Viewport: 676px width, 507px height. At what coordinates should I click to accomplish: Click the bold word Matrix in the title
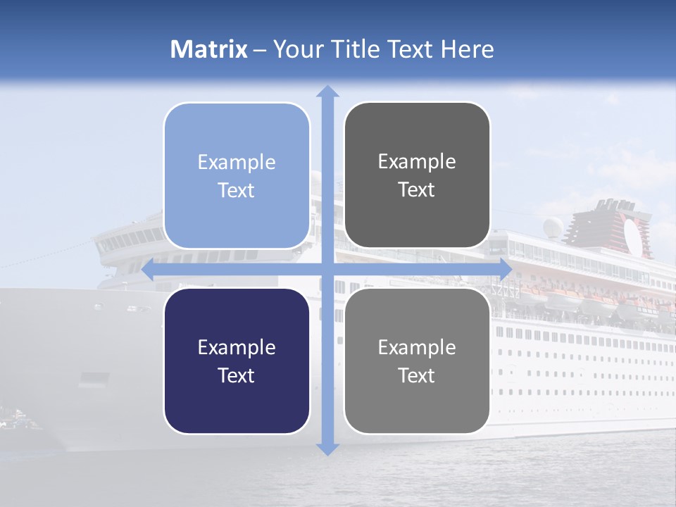pyautogui.click(x=209, y=49)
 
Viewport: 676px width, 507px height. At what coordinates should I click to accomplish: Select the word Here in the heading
pyautogui.click(x=468, y=49)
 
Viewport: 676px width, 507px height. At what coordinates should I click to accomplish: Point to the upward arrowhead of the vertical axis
pyautogui.click(x=327, y=92)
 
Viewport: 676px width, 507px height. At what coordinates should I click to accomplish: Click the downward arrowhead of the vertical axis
pyautogui.click(x=327, y=449)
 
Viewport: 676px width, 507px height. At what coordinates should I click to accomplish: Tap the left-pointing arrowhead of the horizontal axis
pyautogui.click(x=149, y=269)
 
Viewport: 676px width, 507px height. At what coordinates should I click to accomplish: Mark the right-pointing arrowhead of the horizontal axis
pyautogui.click(x=505, y=269)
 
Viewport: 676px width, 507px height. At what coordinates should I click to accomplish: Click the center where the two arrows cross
pyautogui.click(x=327, y=269)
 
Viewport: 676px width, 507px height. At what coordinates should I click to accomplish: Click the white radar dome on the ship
pyautogui.click(x=554, y=226)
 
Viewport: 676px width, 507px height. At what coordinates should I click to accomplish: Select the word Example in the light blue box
pyautogui.click(x=237, y=163)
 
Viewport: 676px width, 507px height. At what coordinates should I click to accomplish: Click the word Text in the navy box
pyautogui.click(x=237, y=375)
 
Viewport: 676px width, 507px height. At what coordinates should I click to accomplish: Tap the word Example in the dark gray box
pyautogui.click(x=417, y=162)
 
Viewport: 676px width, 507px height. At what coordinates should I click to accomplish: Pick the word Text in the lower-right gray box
pyautogui.click(x=417, y=375)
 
